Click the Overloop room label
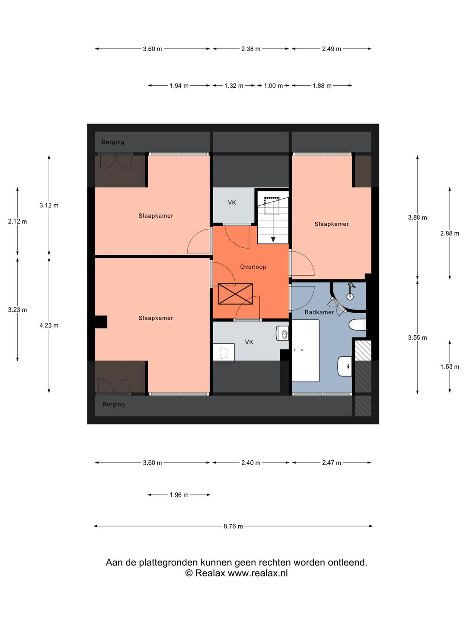pos(253,267)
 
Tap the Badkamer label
pos(319,312)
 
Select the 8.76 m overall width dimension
pos(233,526)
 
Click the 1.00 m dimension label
pos(273,86)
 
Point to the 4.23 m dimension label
pos(49,325)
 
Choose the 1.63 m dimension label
pos(450,367)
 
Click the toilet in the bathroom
pos(358,325)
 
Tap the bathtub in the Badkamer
pos(305,351)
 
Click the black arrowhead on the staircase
pos(273,240)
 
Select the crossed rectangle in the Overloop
pos(235,294)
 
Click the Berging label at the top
pos(113,142)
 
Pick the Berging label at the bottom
pos(113,405)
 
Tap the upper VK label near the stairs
pos(232,202)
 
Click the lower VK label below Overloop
pos(249,342)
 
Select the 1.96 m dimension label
pos(179,495)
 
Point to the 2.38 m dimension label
pos(251,49)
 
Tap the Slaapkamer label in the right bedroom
pos(332,224)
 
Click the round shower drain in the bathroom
pos(350,297)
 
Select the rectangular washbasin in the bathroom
pos(345,366)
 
